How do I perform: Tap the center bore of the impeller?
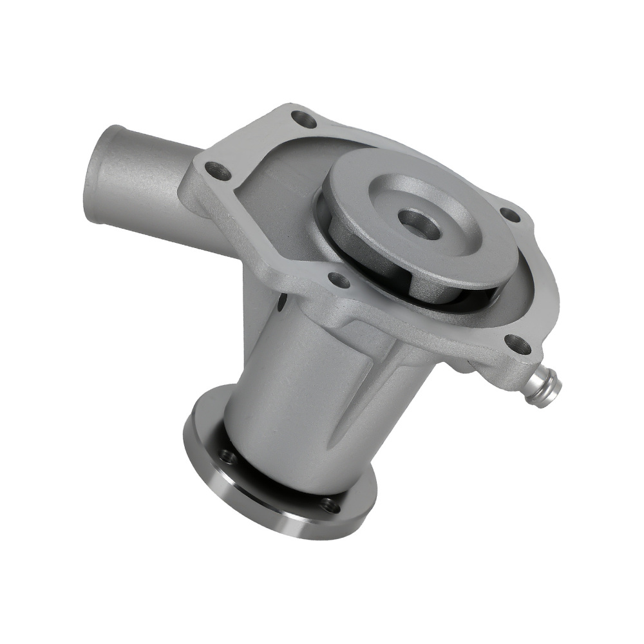pos(419,224)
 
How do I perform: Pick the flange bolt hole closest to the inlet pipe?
pos(218,171)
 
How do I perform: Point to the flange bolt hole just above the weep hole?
pos(339,280)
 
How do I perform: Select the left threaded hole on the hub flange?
pos(226,457)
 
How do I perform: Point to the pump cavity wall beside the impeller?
pos(283,193)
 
